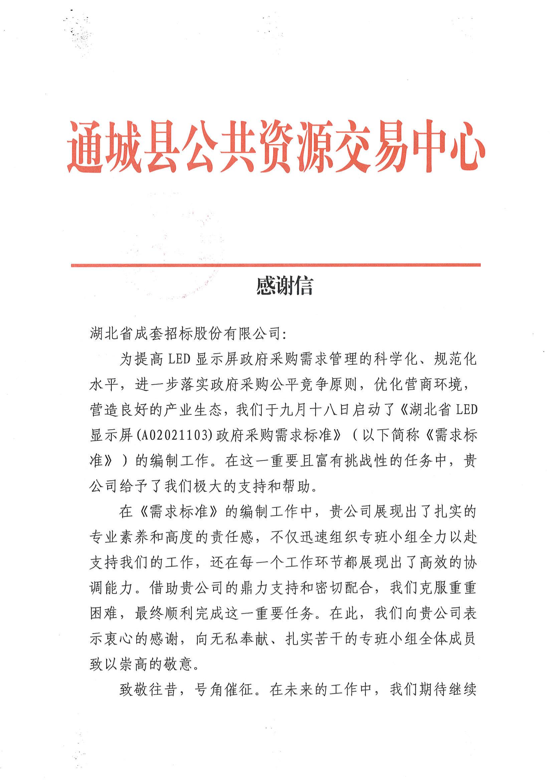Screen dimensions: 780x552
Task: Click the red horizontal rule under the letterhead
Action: tap(275, 265)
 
